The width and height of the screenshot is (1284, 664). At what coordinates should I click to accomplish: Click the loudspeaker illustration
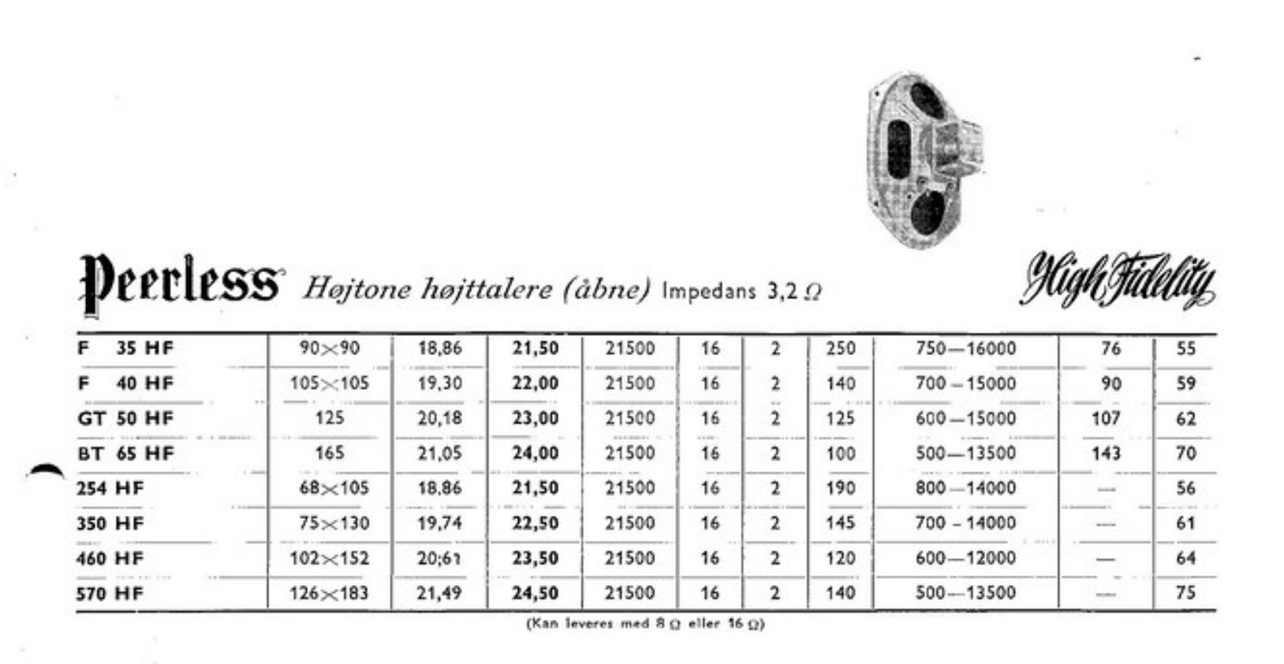click(x=924, y=160)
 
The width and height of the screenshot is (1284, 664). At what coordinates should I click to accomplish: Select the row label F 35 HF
click(x=125, y=349)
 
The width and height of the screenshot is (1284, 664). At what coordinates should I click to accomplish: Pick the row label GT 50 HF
click(x=125, y=418)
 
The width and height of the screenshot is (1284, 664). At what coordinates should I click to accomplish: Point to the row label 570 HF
click(x=110, y=593)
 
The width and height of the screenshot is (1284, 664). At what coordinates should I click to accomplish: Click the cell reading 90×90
click(x=330, y=349)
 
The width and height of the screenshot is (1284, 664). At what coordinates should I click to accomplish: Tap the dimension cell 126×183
click(x=329, y=593)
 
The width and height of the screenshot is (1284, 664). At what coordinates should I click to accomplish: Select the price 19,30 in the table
click(x=439, y=383)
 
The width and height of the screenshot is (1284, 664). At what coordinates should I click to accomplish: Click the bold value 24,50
click(x=536, y=593)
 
